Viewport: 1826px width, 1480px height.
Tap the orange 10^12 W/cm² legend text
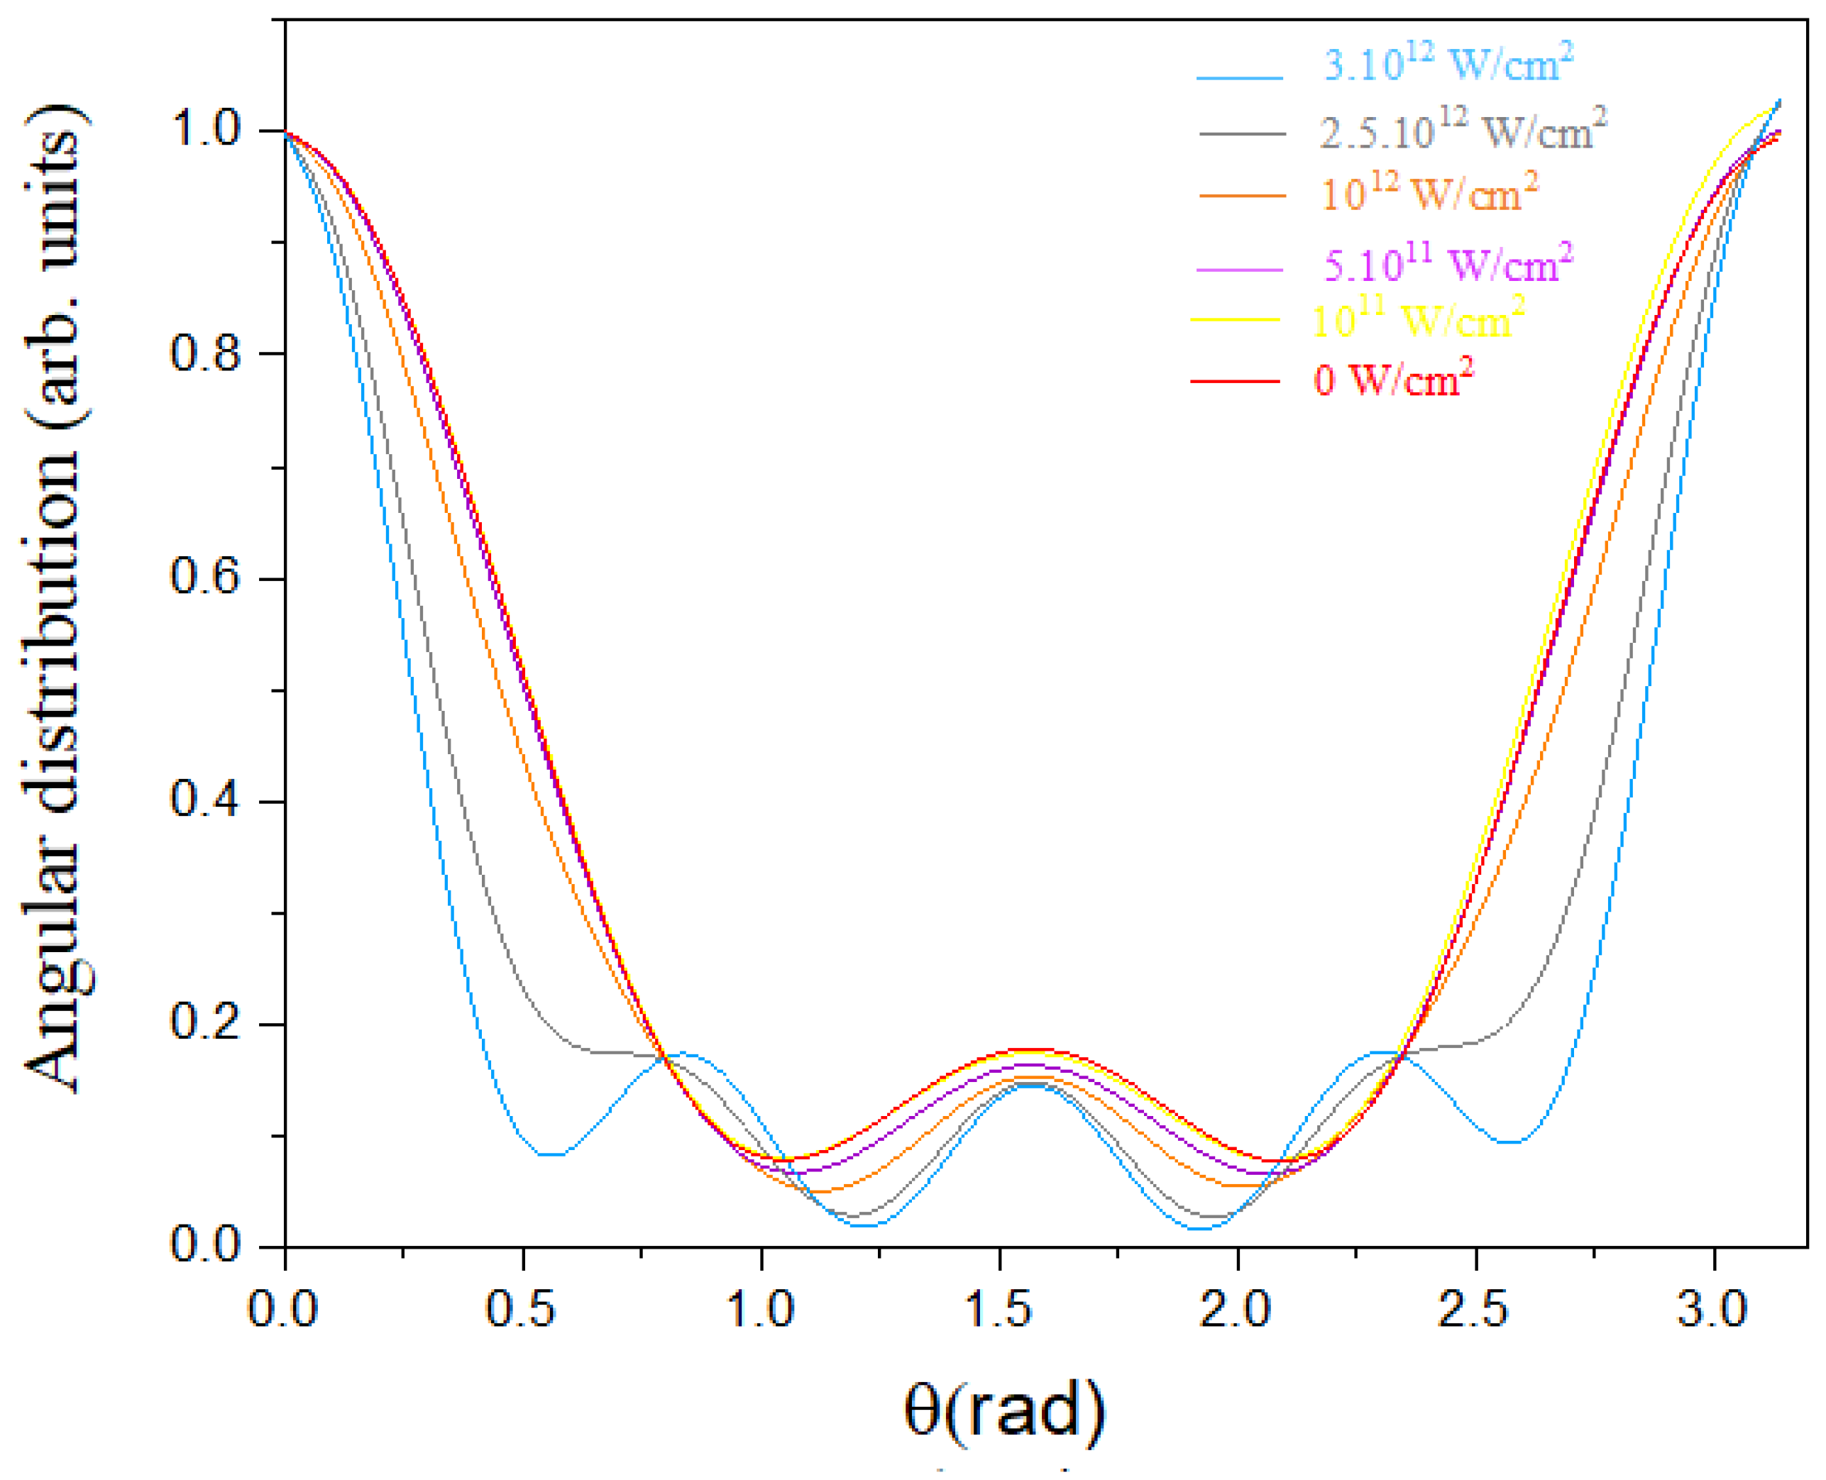click(1429, 194)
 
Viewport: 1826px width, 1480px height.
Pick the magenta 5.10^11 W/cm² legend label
click(1447, 264)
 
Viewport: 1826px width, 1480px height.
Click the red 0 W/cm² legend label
click(1392, 379)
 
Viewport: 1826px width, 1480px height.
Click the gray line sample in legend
click(1242, 134)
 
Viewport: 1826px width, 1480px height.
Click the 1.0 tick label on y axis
click(207, 130)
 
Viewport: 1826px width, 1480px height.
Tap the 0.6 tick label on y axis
click(207, 577)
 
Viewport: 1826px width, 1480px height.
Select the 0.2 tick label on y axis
click(207, 1022)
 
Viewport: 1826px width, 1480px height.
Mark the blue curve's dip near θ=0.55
click(550, 1154)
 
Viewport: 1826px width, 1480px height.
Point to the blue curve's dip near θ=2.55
click(1509, 1142)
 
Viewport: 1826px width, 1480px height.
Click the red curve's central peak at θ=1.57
click(1033, 1049)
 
